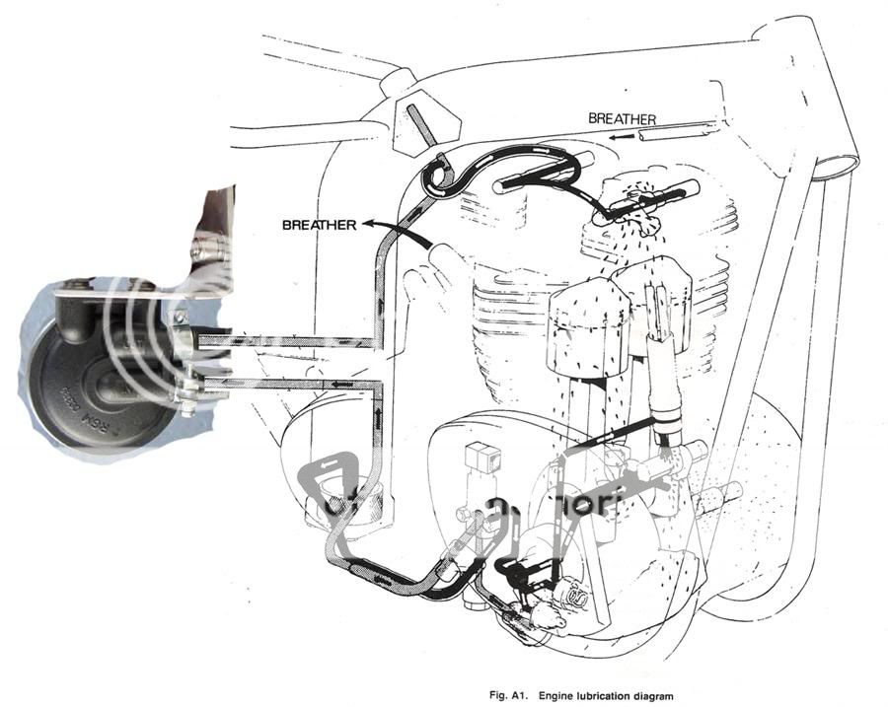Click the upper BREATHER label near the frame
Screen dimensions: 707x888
pos(622,118)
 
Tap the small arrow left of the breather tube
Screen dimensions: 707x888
pos(619,138)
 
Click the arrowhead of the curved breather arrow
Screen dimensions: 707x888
pos(368,226)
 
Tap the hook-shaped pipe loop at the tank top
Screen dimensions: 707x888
pos(435,177)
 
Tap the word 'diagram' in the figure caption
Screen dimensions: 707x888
pos(654,696)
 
